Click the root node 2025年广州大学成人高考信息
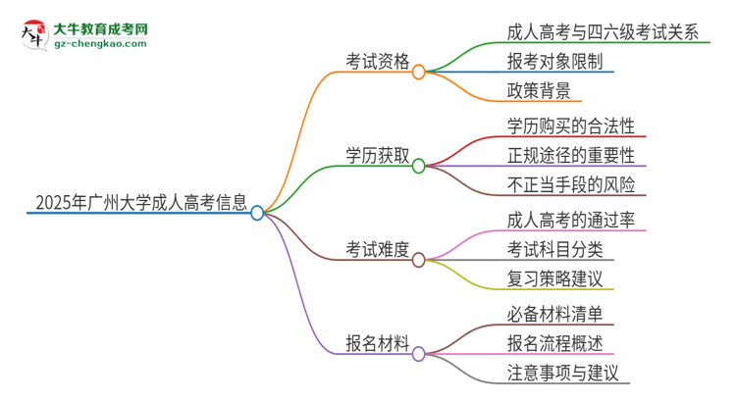tap(140, 203)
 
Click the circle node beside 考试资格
tap(418, 72)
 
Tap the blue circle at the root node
tap(257, 213)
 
